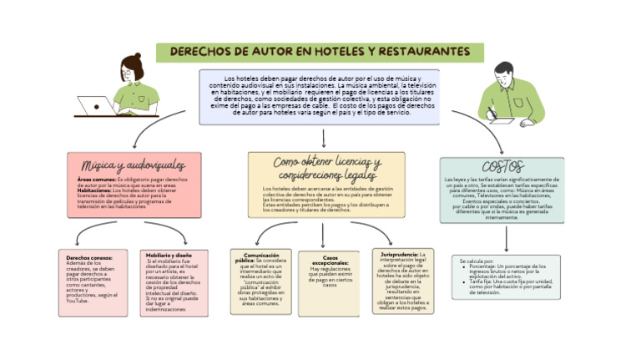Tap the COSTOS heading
coord(502,167)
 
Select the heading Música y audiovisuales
coord(134,165)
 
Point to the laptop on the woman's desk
coord(95,106)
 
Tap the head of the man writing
coord(507,74)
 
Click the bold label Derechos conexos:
coord(89,258)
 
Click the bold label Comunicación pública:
coord(262,258)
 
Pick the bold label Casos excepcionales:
coord(330,261)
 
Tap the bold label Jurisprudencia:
coord(400,254)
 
